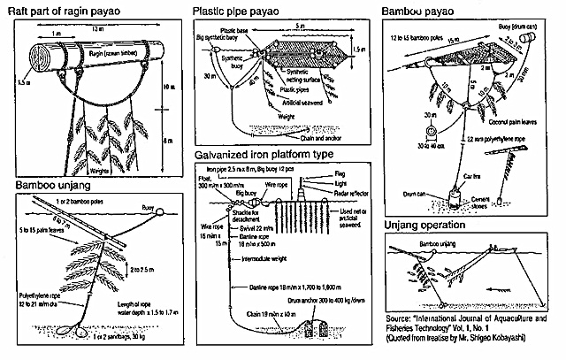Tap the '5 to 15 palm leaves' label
40,233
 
